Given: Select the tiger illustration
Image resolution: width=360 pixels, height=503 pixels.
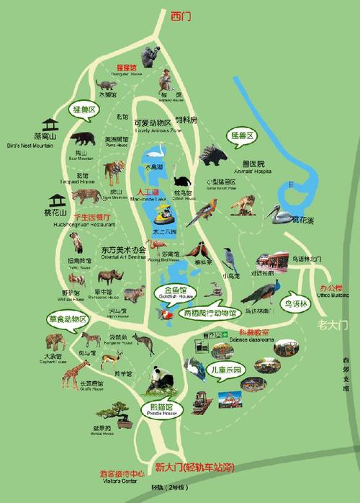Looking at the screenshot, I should click(x=114, y=172).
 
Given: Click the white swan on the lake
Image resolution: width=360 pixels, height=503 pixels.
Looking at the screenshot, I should click(x=157, y=153).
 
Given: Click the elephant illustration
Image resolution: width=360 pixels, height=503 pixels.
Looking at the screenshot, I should click(x=55, y=341).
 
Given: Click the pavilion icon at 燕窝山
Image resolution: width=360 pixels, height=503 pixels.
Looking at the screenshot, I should click(x=50, y=125).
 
